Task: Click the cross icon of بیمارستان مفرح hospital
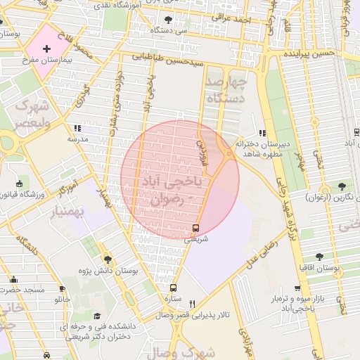[46, 49]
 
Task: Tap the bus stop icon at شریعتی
[195, 228]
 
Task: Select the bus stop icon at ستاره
[174, 288]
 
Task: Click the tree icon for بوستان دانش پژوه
[107, 259]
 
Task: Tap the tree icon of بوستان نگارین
[342, 186]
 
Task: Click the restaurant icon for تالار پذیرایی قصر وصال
[191, 304]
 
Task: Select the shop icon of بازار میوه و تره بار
[299, 288]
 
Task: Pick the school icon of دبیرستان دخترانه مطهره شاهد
[262, 133]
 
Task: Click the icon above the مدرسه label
[77, 129]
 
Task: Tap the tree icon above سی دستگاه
[167, 19]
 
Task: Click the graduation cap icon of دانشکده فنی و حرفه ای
[97, 316]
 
